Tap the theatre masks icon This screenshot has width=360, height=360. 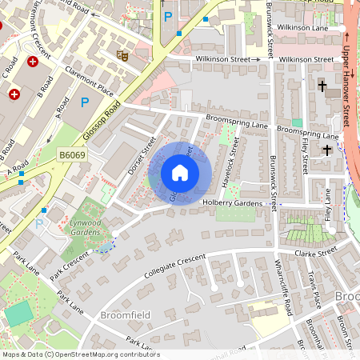[122, 55]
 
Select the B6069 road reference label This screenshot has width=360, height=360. [72, 154]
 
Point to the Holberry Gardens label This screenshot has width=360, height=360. [231, 203]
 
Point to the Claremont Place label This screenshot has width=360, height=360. [90, 82]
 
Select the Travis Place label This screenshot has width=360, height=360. [314, 290]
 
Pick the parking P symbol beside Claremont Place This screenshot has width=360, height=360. [85, 102]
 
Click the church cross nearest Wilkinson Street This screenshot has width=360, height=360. [322, 85]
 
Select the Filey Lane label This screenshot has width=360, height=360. [328, 205]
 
